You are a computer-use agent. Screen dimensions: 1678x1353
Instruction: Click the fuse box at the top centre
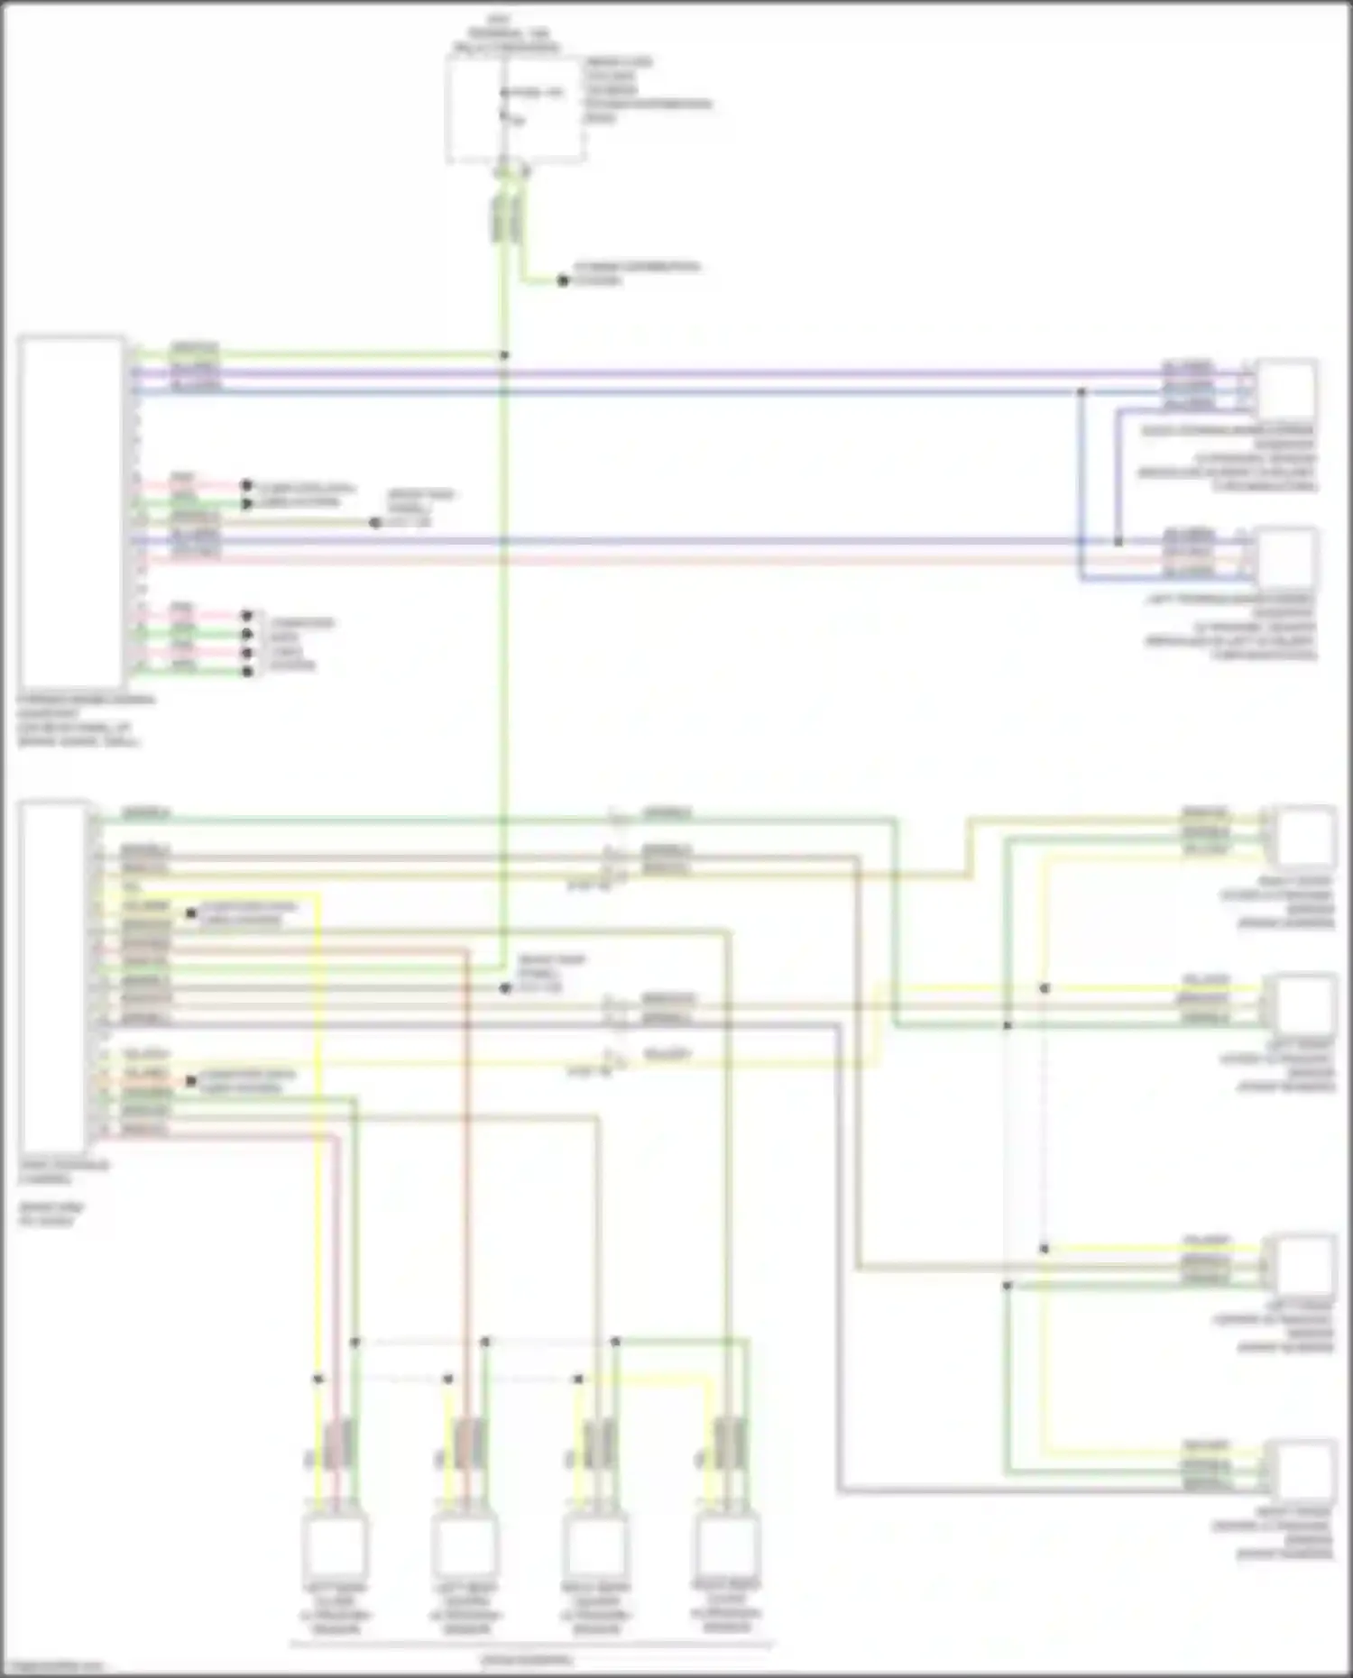(x=514, y=110)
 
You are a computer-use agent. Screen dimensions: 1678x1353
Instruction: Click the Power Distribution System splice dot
(x=563, y=280)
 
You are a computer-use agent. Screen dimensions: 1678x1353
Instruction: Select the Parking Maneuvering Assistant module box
(x=71, y=511)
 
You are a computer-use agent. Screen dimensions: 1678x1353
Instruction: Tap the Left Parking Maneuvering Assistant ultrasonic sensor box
(x=1286, y=556)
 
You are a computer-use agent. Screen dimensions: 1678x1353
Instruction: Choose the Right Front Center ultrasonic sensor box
(x=1304, y=1471)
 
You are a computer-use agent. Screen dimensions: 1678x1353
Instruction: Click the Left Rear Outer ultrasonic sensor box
(x=334, y=1545)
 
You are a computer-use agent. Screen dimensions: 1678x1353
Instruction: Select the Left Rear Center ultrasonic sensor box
(x=464, y=1545)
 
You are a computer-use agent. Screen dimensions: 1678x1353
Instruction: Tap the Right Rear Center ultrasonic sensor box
(x=594, y=1545)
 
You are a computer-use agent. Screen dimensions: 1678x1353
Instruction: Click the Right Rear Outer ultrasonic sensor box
(x=726, y=1545)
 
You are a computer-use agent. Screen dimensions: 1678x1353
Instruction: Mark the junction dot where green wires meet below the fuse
(x=504, y=355)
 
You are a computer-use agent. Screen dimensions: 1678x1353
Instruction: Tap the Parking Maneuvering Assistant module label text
(x=86, y=720)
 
